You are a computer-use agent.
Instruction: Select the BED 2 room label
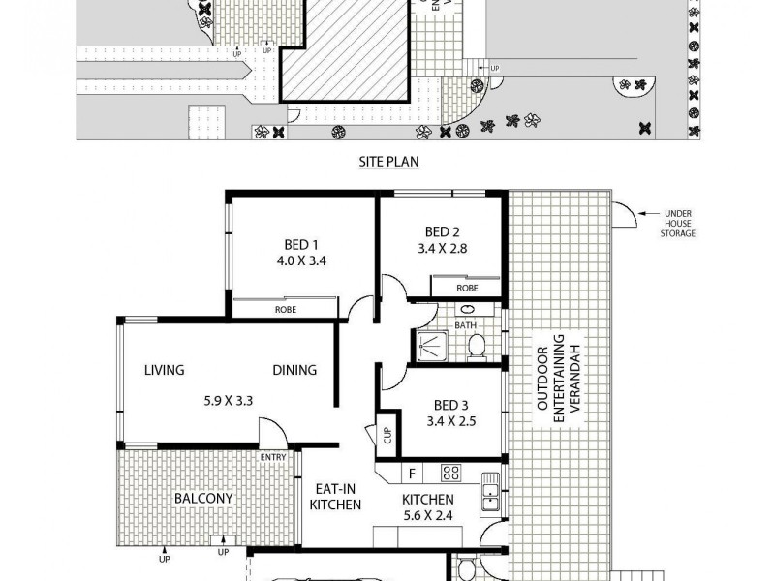click(x=442, y=231)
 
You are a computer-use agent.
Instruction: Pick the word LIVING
click(x=165, y=370)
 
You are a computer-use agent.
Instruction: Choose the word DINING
click(x=294, y=370)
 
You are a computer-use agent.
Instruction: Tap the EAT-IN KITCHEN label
click(x=335, y=498)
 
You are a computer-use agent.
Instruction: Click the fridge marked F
click(x=412, y=474)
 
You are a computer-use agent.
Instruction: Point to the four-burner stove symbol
click(x=450, y=474)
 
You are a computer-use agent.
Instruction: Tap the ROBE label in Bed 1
click(x=285, y=309)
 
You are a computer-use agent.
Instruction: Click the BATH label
click(x=466, y=324)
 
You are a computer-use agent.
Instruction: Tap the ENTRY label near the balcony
click(x=272, y=457)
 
